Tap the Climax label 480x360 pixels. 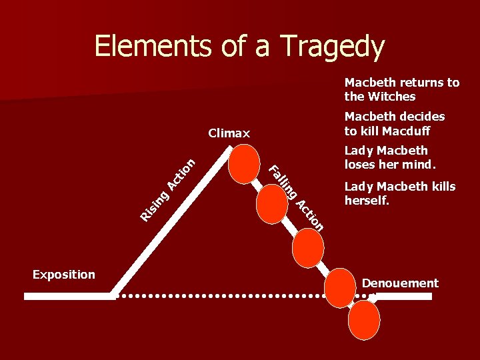[229, 133]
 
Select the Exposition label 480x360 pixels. [64, 275]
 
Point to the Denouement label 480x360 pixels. [400, 283]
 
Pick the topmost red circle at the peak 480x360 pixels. [243, 164]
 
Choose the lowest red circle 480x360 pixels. [364, 320]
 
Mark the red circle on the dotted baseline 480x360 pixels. [340, 288]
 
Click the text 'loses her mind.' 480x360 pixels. [390, 164]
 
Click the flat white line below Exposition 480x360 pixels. [67, 296]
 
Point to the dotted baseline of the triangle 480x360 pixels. [220, 294]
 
